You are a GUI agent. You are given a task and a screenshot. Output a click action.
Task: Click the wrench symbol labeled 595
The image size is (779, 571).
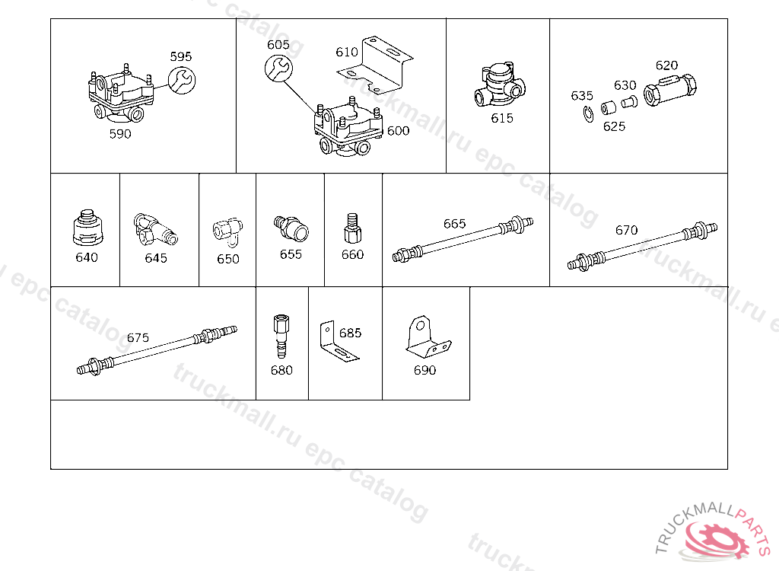click(x=182, y=80)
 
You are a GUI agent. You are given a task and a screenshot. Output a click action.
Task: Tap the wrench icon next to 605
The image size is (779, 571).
click(x=278, y=69)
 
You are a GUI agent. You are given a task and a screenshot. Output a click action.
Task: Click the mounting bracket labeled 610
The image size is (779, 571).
click(x=376, y=65)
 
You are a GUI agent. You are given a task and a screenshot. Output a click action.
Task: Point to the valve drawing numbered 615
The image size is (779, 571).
click(x=500, y=85)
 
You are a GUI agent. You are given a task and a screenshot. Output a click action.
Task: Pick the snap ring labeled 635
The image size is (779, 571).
click(x=588, y=114)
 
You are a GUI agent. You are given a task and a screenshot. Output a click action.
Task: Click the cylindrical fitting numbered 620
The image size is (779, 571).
click(x=669, y=90)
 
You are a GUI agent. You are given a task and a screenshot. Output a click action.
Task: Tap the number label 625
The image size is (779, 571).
click(x=614, y=126)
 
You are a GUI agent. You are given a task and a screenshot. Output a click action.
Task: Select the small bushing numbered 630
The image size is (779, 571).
click(x=629, y=102)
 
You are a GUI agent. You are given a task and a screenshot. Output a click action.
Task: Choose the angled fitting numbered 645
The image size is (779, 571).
click(x=155, y=229)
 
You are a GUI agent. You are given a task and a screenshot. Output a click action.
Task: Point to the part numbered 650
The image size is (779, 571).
click(x=228, y=231)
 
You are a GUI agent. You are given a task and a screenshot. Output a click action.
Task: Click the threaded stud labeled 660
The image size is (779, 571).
click(x=352, y=228)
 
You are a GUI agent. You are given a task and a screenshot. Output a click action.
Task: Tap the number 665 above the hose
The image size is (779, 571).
click(x=455, y=224)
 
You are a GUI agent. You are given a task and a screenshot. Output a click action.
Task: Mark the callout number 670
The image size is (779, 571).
click(x=627, y=230)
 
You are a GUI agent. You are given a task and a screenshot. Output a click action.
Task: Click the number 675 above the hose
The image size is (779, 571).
click(x=138, y=338)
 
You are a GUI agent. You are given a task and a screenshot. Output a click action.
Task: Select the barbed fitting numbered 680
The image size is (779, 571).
click(x=281, y=337)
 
